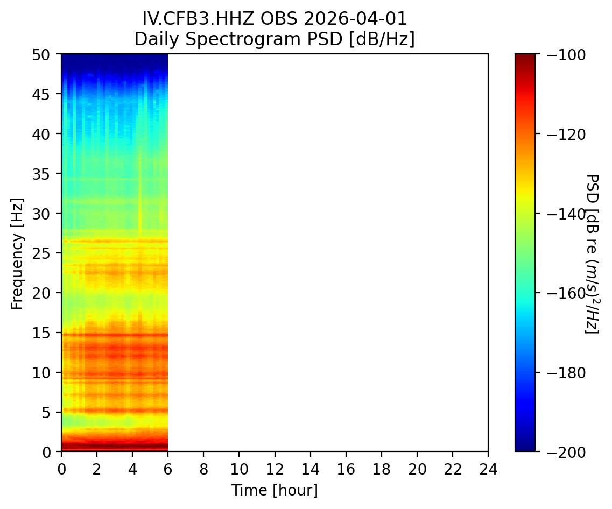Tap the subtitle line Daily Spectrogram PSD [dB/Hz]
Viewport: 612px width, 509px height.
[275, 39]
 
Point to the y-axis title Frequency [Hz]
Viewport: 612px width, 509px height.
[18, 253]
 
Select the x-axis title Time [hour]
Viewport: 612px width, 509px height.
[275, 490]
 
